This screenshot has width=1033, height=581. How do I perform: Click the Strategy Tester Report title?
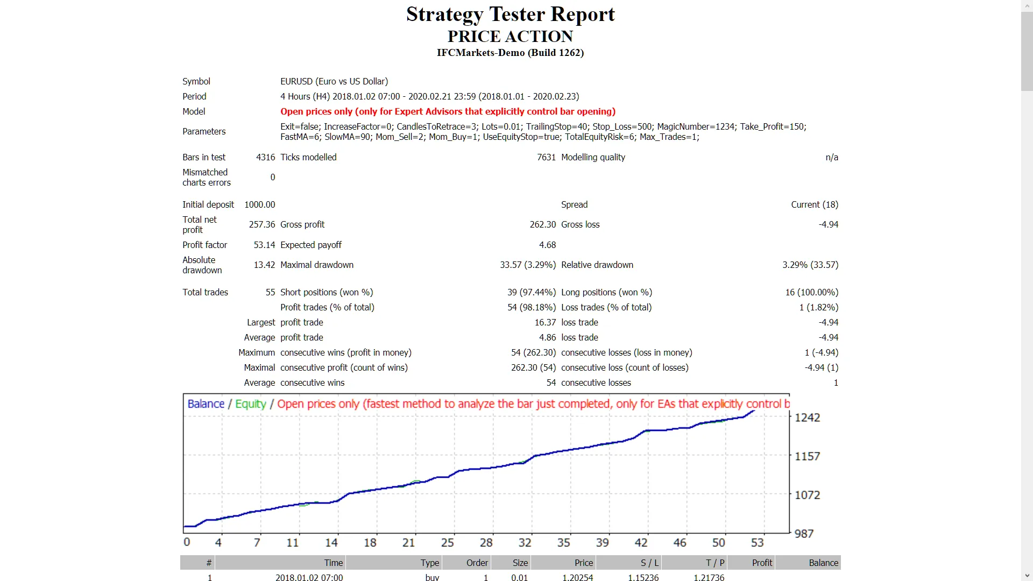[510, 15]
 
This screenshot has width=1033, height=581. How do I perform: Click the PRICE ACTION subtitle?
[510, 37]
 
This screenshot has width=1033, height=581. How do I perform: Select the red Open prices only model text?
[448, 111]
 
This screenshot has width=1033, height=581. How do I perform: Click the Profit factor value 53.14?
[264, 245]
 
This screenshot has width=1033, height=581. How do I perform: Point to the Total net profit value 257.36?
[262, 224]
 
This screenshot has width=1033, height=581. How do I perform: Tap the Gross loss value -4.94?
[828, 224]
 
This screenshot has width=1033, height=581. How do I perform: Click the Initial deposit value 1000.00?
[259, 204]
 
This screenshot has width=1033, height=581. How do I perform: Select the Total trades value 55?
[270, 292]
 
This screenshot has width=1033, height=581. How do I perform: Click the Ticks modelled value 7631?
[546, 157]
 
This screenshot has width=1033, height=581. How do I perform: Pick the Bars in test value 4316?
[265, 157]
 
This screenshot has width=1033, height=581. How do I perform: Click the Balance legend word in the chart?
[206, 404]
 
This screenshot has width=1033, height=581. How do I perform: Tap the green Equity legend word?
[251, 404]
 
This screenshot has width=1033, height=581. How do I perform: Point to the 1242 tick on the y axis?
[807, 417]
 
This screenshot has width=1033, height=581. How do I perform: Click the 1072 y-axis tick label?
[807, 495]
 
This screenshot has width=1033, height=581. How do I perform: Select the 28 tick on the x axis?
[486, 542]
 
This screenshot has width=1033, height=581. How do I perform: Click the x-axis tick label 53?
[757, 542]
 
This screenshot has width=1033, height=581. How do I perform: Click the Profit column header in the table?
[762, 563]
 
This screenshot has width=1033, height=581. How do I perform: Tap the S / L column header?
[649, 563]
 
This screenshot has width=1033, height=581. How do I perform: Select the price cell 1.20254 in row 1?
[577, 577]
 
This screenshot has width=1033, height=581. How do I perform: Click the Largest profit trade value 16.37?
[545, 322]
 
